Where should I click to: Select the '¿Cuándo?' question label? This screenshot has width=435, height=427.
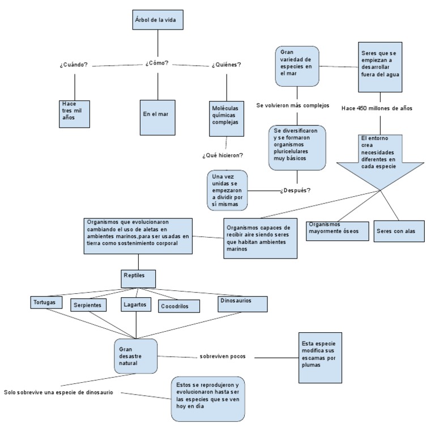pos(74,65)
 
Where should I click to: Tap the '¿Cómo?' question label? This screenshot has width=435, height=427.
pos(157,63)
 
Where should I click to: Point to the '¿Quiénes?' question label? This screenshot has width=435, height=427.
pos(227,65)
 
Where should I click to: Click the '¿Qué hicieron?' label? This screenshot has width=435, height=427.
pos(223,155)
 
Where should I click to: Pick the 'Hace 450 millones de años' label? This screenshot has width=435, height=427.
pos(377,108)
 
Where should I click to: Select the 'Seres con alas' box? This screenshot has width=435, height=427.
pos(399,231)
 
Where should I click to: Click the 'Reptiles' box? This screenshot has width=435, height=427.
pos(138,277)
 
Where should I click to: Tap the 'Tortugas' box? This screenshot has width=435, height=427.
pos(45,302)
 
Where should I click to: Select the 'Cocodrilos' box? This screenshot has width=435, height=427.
pos(180,306)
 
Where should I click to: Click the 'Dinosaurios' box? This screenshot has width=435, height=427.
pos(242,303)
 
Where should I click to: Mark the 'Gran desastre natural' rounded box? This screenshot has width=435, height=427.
pos(135,356)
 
